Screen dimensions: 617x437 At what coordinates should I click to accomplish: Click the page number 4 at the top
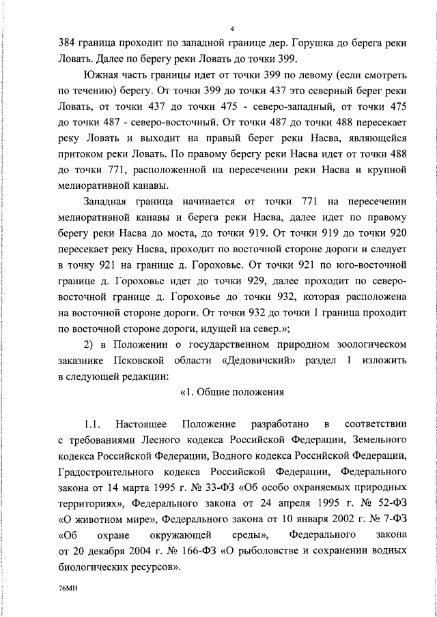[x=232, y=28]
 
